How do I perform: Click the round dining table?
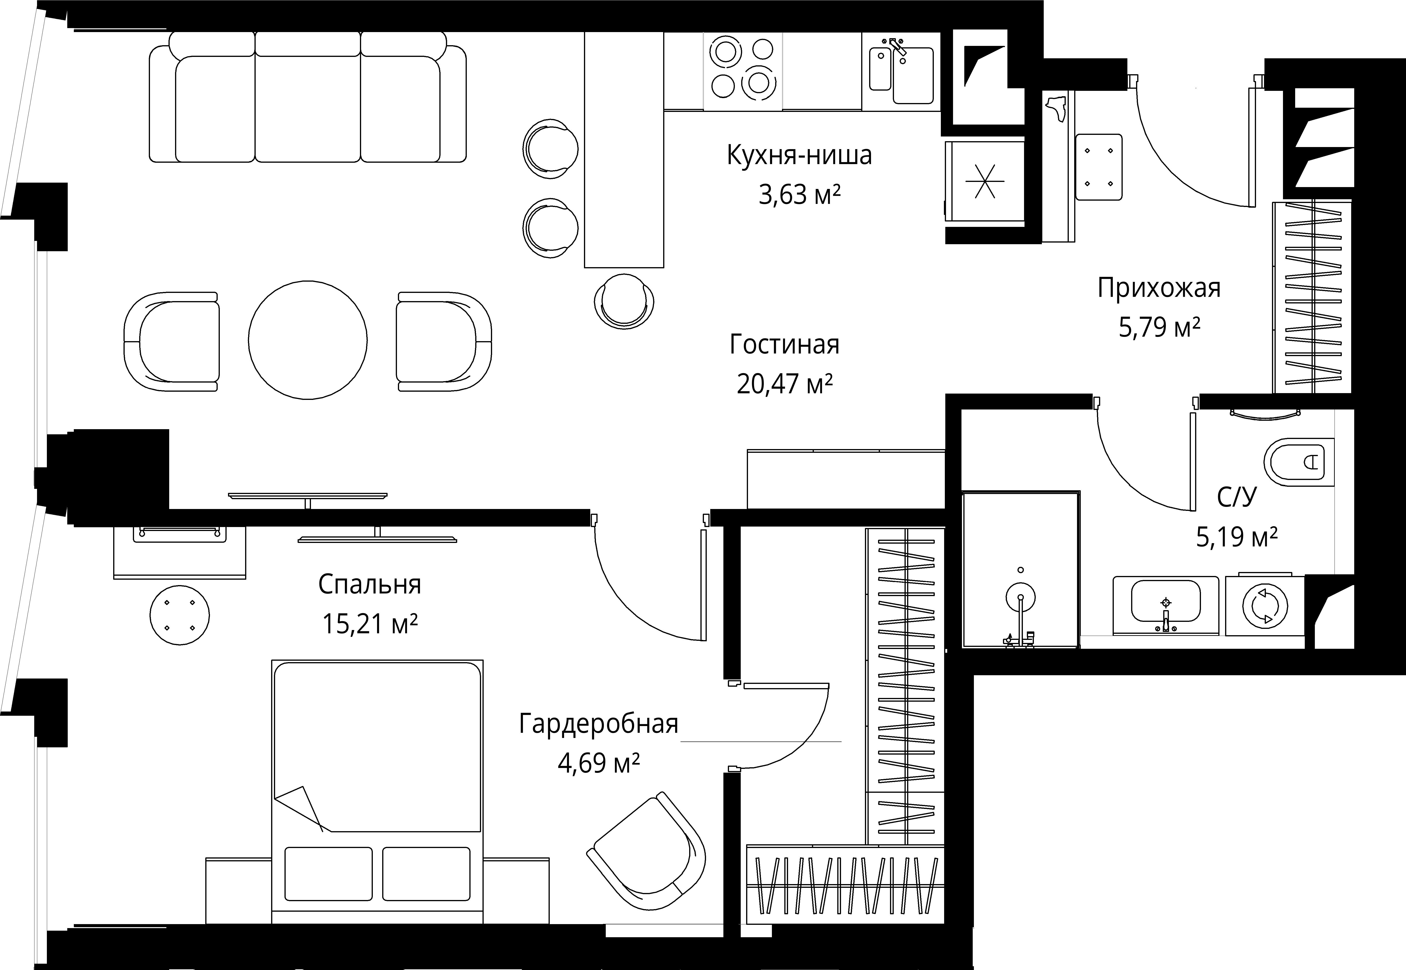pyautogui.click(x=308, y=340)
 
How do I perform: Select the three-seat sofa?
pyautogui.click(x=308, y=97)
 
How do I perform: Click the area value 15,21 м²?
pyautogui.click(x=370, y=623)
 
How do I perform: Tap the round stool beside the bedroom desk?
pyautogui.click(x=179, y=615)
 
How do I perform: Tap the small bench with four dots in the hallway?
pyautogui.click(x=1099, y=167)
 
